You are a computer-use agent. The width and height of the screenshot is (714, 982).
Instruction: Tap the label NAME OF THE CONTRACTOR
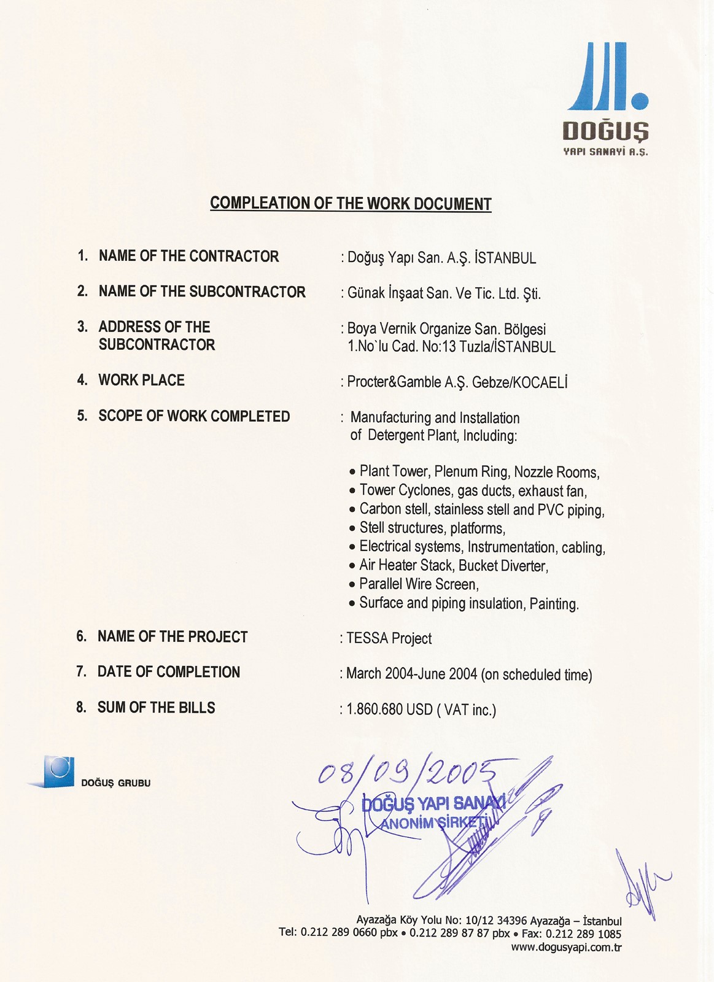point(188,256)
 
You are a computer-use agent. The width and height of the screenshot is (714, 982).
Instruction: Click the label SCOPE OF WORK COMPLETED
point(194,416)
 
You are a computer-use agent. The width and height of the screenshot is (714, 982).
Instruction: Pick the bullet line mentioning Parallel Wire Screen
point(418,584)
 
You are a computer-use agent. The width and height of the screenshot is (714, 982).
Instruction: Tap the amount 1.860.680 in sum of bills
point(374,709)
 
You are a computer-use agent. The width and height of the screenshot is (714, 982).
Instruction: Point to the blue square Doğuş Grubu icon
point(58,771)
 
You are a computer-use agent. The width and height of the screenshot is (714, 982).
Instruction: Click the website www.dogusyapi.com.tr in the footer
point(566,947)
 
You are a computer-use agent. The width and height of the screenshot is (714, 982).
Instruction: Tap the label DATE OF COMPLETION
point(168,672)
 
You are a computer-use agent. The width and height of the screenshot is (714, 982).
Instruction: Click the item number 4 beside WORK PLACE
point(82,380)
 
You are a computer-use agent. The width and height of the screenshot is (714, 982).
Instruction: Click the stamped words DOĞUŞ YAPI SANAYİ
point(433,803)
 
